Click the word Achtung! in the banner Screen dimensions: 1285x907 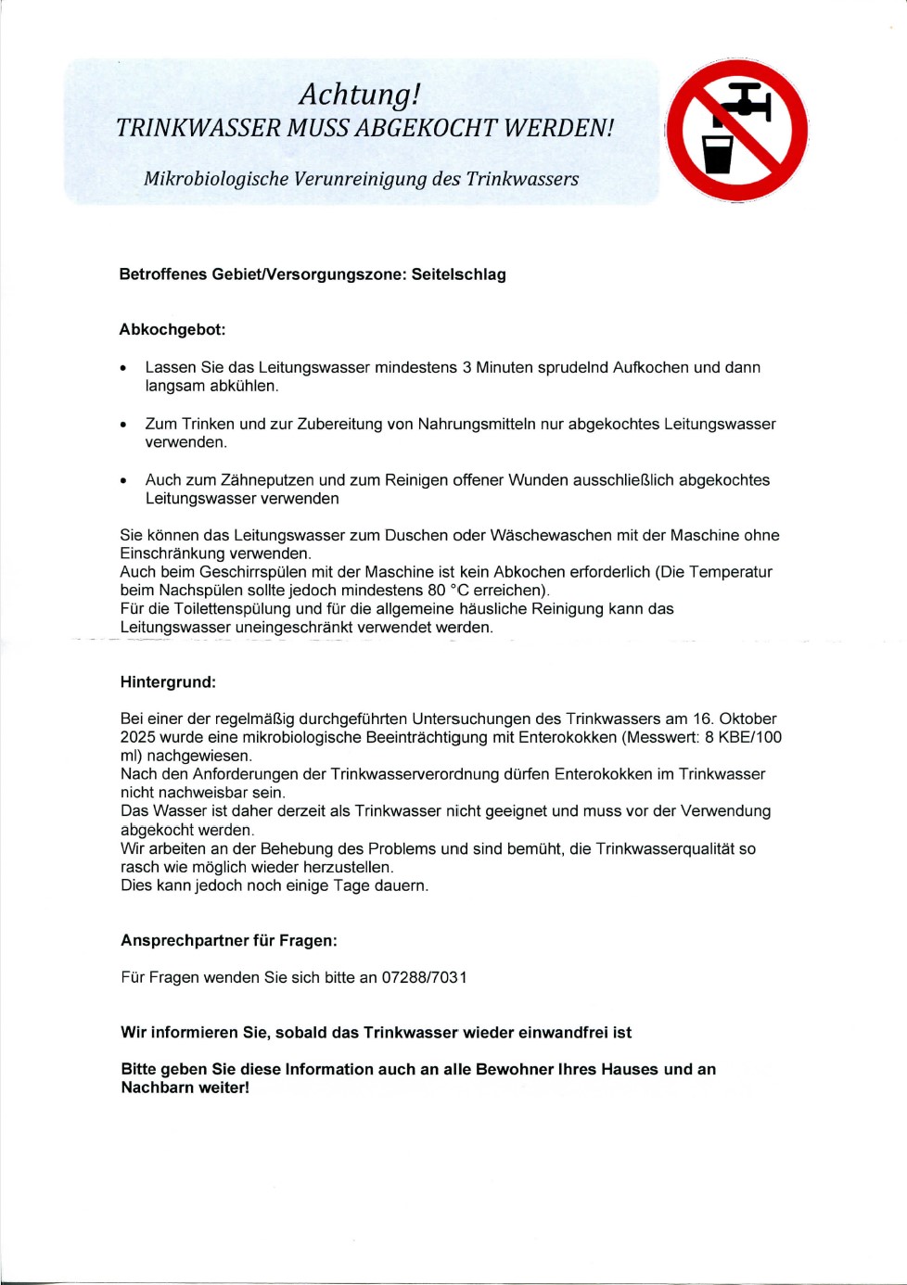coord(360,95)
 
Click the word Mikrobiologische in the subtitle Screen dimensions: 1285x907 coord(216,179)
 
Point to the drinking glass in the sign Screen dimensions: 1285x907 coord(718,155)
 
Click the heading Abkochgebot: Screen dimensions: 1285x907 coord(172,329)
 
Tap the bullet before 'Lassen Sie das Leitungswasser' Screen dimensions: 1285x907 coord(123,369)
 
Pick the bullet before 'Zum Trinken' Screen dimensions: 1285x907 coord(123,426)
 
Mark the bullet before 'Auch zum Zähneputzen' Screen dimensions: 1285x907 coord(123,481)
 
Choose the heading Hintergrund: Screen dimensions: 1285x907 coord(168,682)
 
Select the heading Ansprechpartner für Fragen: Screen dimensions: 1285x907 coord(229,940)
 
